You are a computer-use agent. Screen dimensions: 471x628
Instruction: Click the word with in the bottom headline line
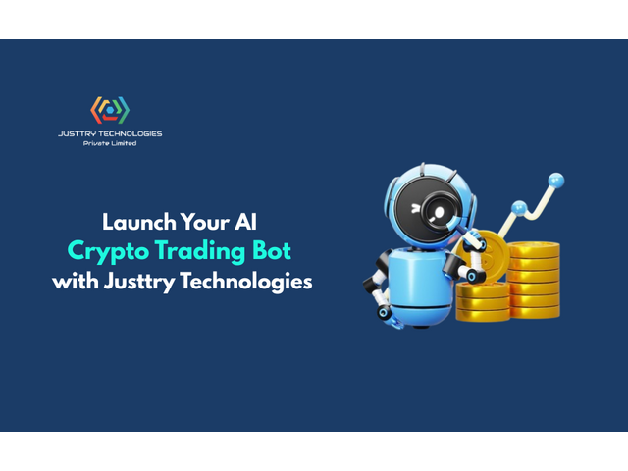[x=73, y=281]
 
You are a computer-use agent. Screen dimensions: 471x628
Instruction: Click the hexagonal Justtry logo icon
[x=110, y=109]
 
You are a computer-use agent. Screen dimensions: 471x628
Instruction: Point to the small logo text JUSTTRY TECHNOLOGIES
[x=110, y=133]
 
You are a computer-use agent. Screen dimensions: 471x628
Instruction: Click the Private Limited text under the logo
[x=110, y=143]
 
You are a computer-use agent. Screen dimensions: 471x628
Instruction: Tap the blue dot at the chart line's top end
[x=556, y=181]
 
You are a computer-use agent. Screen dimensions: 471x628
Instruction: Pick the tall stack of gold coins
[x=534, y=280]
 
